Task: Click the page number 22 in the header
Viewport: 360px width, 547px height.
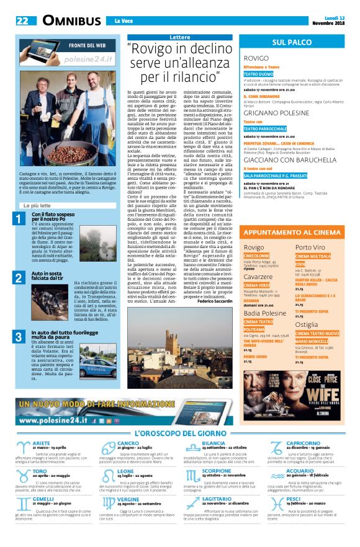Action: pos(22,21)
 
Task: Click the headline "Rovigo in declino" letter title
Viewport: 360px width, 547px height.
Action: pos(173,64)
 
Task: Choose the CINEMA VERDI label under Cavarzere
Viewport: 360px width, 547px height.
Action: pos(260,284)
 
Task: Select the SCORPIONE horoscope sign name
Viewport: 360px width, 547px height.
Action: pos(217,470)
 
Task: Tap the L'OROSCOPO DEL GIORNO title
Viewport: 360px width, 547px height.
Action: pos(179,432)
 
